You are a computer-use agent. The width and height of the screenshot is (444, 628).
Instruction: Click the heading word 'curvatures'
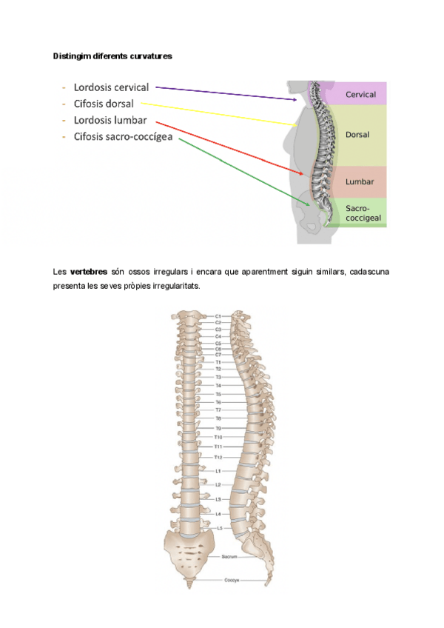(150, 56)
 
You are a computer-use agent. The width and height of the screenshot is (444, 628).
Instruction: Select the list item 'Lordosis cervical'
(111, 87)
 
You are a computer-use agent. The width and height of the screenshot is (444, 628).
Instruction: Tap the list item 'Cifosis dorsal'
(104, 104)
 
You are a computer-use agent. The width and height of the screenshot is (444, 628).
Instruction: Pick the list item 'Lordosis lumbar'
(110, 120)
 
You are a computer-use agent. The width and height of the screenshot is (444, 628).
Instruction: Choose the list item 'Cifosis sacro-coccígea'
(123, 136)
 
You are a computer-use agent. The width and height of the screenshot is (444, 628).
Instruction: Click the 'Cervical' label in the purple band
(361, 95)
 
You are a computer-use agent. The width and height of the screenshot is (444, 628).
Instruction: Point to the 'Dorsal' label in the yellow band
(357, 135)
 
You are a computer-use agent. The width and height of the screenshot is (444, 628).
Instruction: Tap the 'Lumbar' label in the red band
(360, 181)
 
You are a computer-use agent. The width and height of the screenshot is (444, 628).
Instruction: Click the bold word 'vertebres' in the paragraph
(89, 272)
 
